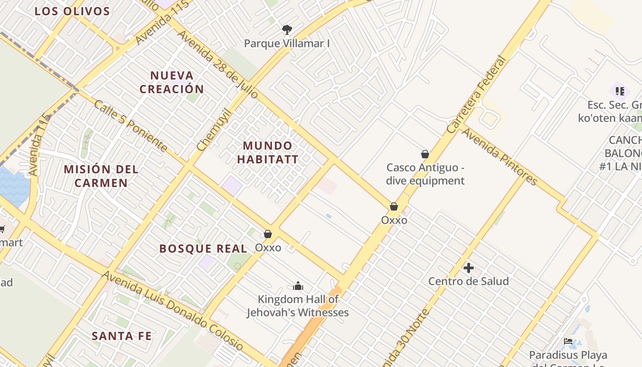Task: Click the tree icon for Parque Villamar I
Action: pyautogui.click(x=287, y=30)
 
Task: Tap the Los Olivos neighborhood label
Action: pyautogui.click(x=72, y=11)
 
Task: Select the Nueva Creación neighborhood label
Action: pyautogui.click(x=172, y=82)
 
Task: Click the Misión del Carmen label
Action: pyautogui.click(x=101, y=176)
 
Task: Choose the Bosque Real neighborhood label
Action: pyautogui.click(x=203, y=249)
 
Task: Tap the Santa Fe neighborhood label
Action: pyautogui.click(x=122, y=336)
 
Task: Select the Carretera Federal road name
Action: pyautogui.click(x=477, y=95)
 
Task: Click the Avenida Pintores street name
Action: pyautogui.click(x=499, y=156)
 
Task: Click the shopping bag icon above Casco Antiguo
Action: pyautogui.click(x=425, y=154)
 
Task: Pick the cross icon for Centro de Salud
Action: pyautogui.click(x=468, y=267)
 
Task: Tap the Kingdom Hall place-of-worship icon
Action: pyautogui.click(x=298, y=286)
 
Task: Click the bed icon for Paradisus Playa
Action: pyautogui.click(x=568, y=341)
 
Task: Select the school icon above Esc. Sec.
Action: pyautogui.click(x=620, y=91)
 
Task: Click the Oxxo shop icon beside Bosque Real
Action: pyautogui.click(x=268, y=234)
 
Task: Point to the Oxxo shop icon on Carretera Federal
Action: pyautogui.click(x=394, y=207)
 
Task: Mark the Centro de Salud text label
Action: pyautogui.click(x=468, y=281)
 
